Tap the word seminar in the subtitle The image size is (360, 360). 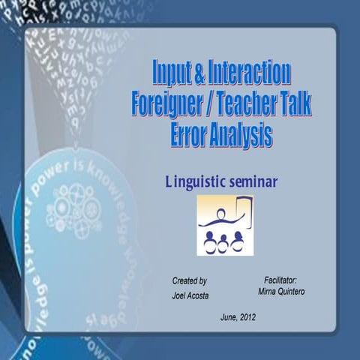pos(256,182)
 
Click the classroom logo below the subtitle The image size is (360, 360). pos(225,225)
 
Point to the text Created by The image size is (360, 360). pos(190,280)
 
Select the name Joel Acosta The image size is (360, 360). pos(190,295)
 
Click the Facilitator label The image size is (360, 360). pos(280,278)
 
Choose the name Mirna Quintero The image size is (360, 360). pos(280,290)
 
